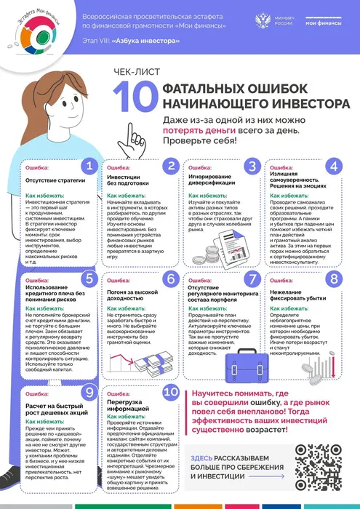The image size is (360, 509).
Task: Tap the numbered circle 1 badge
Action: (x=88, y=166)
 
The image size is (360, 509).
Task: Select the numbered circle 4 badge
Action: (x=333, y=166)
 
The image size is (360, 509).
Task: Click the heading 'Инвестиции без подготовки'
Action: (x=129, y=180)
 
